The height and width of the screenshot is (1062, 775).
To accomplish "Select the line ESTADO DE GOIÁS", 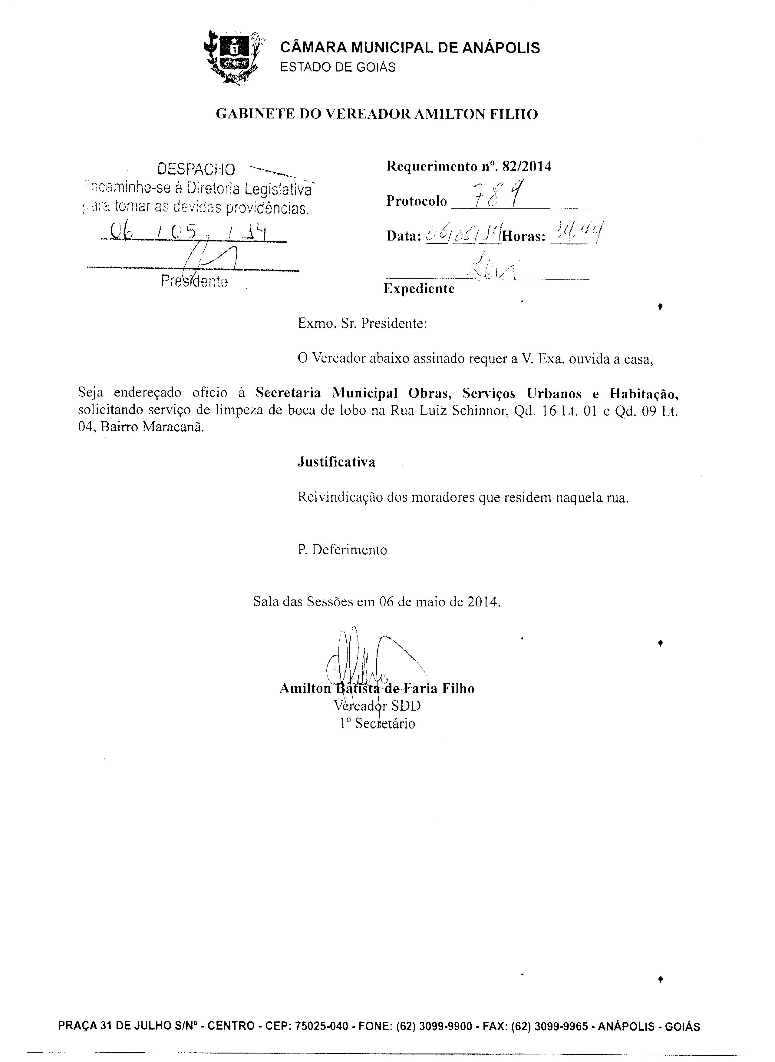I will click(x=338, y=68).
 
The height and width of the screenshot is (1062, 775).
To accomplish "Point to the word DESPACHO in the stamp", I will click(x=196, y=169).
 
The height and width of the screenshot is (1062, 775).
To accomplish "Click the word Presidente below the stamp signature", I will click(x=194, y=282).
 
